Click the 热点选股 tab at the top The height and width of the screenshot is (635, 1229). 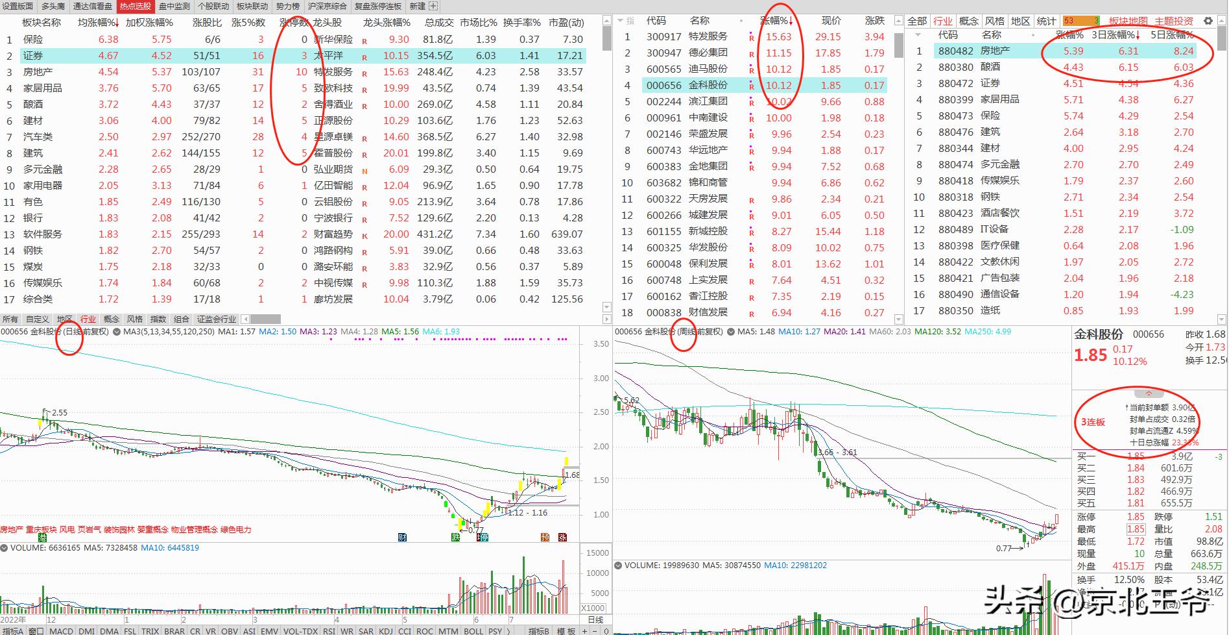tap(135, 6)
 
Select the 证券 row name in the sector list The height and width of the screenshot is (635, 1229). tap(33, 56)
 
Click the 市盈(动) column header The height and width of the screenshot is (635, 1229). tap(566, 22)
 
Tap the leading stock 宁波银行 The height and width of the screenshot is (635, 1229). tap(333, 218)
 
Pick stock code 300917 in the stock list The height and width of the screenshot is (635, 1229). tap(663, 37)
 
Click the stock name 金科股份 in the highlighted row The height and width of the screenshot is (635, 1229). tap(708, 85)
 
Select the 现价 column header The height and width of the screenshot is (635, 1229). tap(831, 21)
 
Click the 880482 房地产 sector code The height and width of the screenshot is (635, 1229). tap(955, 51)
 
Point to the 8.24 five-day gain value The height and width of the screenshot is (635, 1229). tap(1183, 51)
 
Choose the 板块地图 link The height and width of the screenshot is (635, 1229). tap(1128, 21)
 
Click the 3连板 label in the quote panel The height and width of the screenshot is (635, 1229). tap(1093, 422)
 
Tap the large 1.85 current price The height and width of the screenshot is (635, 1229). tap(1090, 355)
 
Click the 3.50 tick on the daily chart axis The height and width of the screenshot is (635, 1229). tap(601, 344)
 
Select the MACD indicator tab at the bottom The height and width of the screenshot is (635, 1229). tap(61, 630)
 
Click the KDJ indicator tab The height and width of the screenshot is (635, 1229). tap(386, 630)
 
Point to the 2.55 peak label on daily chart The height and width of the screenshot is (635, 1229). tap(59, 412)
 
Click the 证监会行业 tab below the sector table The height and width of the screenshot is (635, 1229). tap(217, 319)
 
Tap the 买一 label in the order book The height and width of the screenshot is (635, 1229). tap(1086, 456)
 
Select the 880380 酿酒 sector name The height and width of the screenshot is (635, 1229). tap(990, 67)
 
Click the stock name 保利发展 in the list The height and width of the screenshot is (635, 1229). tap(708, 264)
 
